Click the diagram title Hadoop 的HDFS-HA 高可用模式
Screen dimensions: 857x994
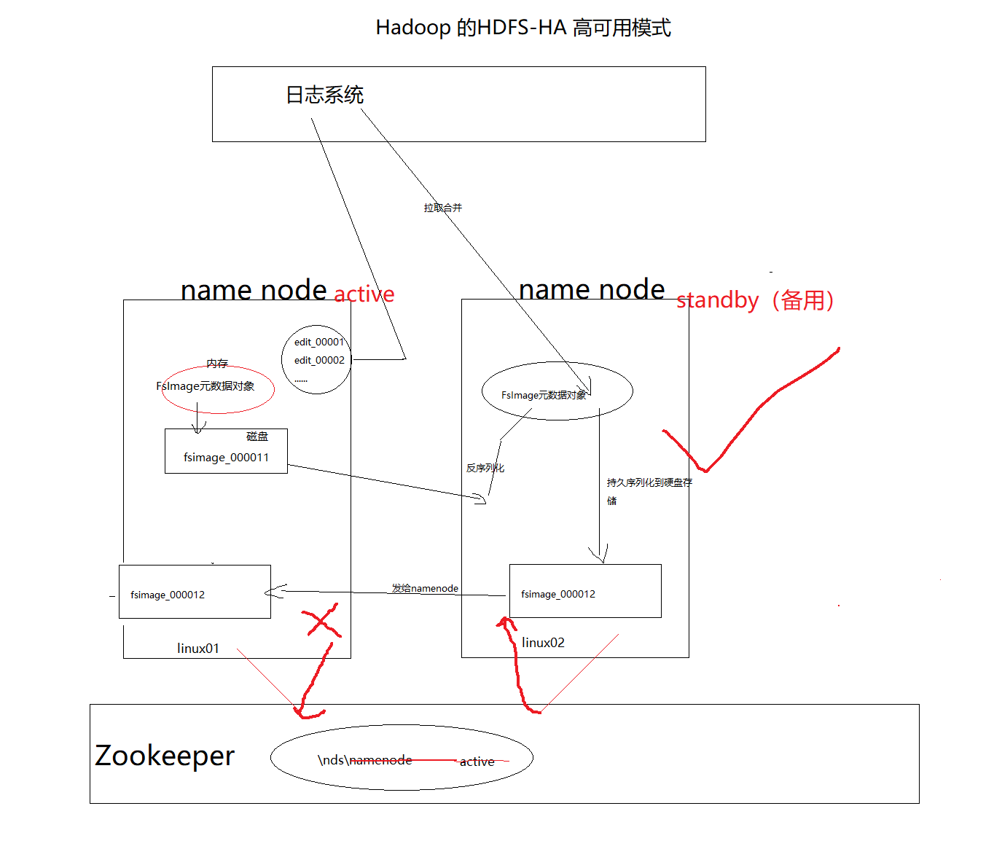[523, 28]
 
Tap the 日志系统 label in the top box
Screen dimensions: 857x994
[324, 95]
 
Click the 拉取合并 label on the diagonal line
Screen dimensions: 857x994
[442, 208]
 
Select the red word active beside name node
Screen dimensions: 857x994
[364, 294]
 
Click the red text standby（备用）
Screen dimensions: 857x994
[755, 300]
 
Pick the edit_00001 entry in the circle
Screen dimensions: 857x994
[318, 342]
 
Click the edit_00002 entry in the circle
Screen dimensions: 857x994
[319, 360]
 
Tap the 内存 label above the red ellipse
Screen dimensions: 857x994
[216, 363]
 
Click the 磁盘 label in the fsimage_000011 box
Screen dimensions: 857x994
[257, 437]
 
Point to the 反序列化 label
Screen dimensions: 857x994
[485, 468]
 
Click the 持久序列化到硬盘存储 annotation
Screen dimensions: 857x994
[649, 482]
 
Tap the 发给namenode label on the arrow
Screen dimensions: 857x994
[425, 588]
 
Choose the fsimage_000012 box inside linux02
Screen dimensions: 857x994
[585, 591]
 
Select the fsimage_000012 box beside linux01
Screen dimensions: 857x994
[195, 592]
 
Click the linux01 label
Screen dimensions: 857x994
[197, 648]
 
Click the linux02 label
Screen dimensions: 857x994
[543, 642]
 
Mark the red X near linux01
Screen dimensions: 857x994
[321, 621]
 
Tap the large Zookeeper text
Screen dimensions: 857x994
[165, 755]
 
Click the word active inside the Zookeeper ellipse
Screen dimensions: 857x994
[477, 762]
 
